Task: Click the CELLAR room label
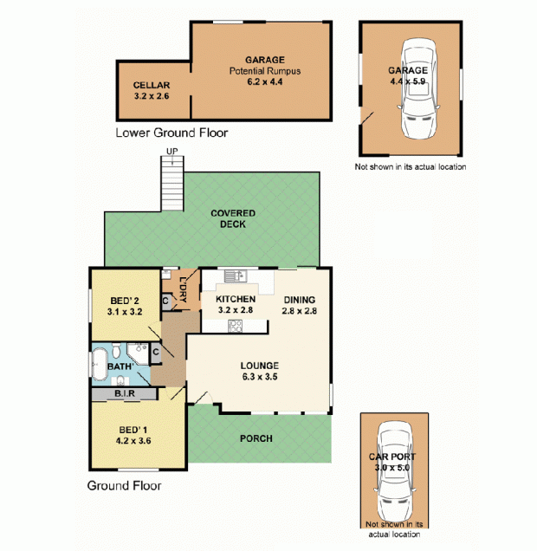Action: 152,85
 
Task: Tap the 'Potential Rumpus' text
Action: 265,71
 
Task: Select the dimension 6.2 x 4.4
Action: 265,82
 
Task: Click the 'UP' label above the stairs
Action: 172,152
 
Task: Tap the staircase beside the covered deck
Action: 172,184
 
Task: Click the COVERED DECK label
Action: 233,218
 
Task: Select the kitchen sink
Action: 236,275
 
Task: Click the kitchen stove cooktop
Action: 235,326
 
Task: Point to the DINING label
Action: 299,300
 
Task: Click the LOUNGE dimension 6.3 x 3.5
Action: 260,377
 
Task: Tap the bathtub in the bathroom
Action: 99,364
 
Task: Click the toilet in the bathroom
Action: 117,350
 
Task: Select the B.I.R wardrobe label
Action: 125,393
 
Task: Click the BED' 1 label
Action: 133,430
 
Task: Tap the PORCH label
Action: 256,438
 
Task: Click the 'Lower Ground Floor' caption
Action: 171,133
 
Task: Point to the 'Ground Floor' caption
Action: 124,486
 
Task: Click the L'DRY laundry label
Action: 183,289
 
